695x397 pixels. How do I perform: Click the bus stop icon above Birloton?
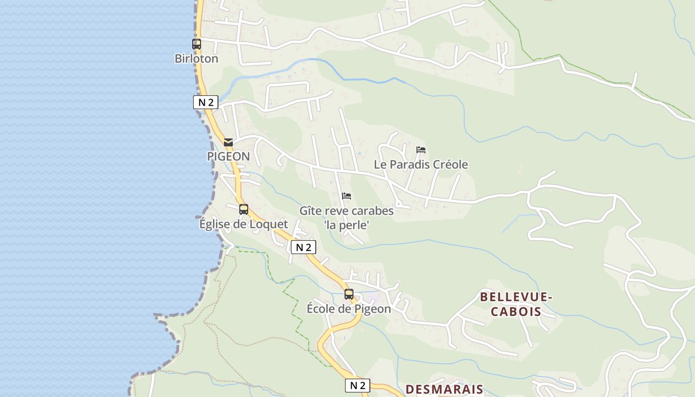point(197,44)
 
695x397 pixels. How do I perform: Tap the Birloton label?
point(196,59)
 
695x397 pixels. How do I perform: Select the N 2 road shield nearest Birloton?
point(206,103)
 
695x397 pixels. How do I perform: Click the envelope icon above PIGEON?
point(228,142)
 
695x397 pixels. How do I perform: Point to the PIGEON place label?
point(228,157)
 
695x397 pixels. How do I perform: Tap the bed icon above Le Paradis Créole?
point(421,149)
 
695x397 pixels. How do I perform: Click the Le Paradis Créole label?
point(420,165)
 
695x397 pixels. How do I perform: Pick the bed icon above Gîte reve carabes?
point(347,196)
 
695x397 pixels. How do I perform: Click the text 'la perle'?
point(347,225)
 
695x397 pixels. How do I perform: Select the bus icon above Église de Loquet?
point(243,209)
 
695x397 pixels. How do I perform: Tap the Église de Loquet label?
point(243,224)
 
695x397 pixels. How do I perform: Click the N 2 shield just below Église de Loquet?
point(303,247)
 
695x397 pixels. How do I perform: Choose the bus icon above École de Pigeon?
point(349,294)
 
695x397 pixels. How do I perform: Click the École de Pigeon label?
point(348,309)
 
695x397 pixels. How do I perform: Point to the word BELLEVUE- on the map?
point(516,297)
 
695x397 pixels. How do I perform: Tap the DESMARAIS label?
point(444,390)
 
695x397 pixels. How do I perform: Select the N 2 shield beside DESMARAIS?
point(357,386)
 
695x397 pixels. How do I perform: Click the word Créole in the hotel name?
point(450,165)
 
